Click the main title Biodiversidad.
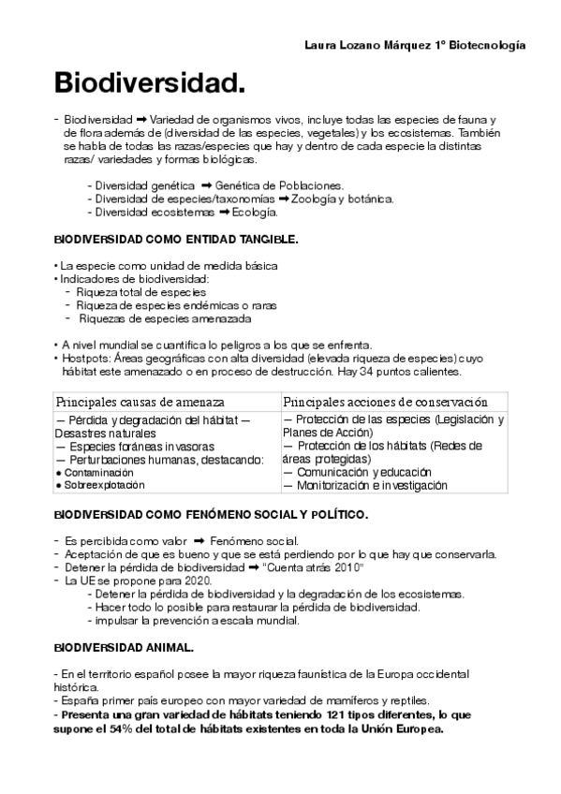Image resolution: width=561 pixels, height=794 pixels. click(150, 84)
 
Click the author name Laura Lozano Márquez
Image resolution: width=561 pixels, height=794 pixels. click(368, 45)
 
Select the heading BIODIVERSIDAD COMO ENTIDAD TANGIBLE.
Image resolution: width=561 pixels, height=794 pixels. click(176, 240)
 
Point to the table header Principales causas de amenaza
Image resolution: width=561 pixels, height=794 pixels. click(140, 401)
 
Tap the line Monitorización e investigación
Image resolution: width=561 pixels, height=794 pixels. click(360, 486)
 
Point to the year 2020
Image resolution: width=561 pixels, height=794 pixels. click(198, 581)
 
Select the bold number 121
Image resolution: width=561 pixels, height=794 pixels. click(337, 715)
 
